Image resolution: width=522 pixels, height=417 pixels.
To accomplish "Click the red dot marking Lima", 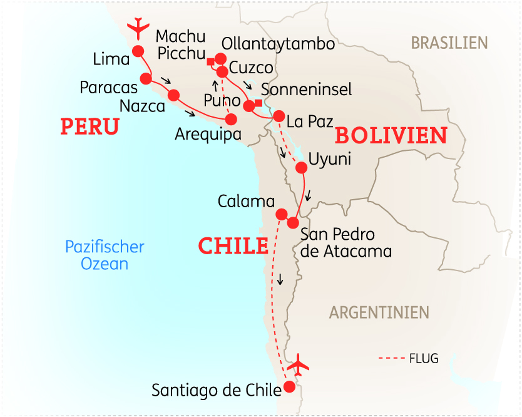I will click(137, 51).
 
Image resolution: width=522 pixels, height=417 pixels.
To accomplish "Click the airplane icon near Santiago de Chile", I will click(299, 364).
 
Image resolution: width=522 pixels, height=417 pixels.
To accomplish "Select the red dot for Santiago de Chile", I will click(289, 387).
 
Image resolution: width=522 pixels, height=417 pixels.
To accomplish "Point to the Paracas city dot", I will click(146, 78).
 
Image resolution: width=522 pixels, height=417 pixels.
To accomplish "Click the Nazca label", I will click(142, 106).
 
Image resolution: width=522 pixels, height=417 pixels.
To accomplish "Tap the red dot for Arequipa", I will click(232, 118).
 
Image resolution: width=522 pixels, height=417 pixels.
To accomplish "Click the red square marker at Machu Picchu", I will click(211, 61).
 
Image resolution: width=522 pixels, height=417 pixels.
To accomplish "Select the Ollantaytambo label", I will click(279, 44).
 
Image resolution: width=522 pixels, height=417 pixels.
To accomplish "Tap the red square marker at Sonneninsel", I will click(258, 103).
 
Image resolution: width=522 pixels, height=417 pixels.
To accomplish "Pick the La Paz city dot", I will click(279, 116).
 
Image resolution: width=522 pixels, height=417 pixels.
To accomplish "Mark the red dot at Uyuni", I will click(301, 168).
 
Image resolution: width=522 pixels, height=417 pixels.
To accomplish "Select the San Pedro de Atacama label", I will click(346, 243).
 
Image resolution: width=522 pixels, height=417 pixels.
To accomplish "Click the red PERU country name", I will click(90, 127).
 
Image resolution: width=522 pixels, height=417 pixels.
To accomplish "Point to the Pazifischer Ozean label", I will click(105, 255).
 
